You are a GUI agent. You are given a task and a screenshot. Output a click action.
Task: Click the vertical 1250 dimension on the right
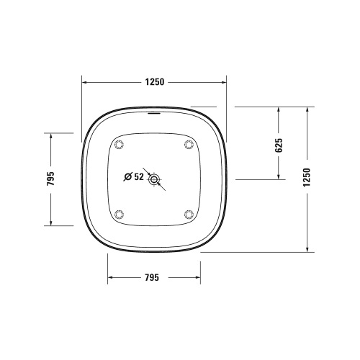307,178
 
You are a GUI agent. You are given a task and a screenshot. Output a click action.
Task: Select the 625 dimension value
279,145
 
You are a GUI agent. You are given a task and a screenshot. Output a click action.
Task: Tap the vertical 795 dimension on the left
51,178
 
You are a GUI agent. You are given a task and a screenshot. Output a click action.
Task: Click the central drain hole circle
153,180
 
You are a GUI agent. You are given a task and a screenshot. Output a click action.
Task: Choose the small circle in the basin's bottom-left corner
120,213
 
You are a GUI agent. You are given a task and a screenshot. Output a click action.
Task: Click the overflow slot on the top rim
153,112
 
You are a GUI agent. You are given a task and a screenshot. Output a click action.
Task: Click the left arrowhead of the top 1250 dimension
84,81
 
